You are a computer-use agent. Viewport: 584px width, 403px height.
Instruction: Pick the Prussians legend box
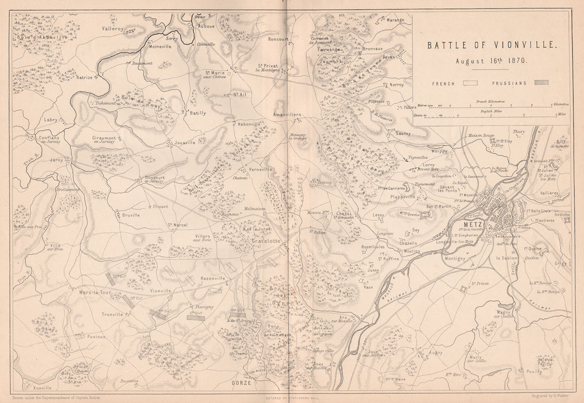541,83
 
